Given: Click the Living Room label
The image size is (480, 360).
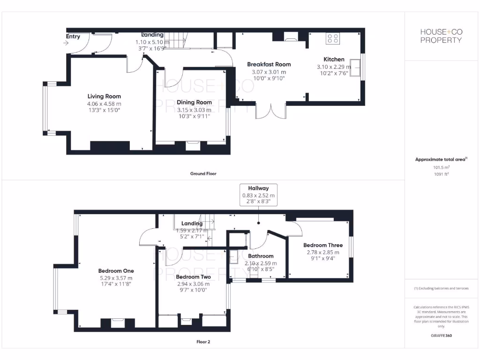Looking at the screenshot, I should [104, 97].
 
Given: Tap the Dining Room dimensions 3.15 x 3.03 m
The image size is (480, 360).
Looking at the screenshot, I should [194, 110].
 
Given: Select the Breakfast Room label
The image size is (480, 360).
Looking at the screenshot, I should [269, 64].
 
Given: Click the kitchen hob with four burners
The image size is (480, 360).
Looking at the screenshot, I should [333, 38].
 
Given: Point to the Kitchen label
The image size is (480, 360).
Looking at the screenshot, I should [334, 60].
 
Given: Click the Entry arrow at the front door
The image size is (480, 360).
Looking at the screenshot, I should [65, 43].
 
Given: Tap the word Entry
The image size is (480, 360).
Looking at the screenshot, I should [73, 37].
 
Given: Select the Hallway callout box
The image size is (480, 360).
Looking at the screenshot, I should [259, 195].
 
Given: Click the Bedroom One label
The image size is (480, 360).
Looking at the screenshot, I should [116, 271].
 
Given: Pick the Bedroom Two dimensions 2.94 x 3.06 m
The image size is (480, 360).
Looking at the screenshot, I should [193, 284].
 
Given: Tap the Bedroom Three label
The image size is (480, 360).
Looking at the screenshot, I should [322, 245].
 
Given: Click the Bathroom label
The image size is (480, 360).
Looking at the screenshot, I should [261, 256].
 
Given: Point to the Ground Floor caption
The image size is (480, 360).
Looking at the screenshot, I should [203, 173].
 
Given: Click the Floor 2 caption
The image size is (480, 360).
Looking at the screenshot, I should [203, 342].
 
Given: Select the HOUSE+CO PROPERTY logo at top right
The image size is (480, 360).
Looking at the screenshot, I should [441, 36].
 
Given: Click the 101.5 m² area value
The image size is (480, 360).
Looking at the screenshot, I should [441, 167].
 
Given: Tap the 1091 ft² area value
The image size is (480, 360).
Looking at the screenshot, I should [441, 174].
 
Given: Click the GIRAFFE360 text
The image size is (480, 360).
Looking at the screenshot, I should [441, 336].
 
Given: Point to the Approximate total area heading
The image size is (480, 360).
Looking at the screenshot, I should [441, 159].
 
